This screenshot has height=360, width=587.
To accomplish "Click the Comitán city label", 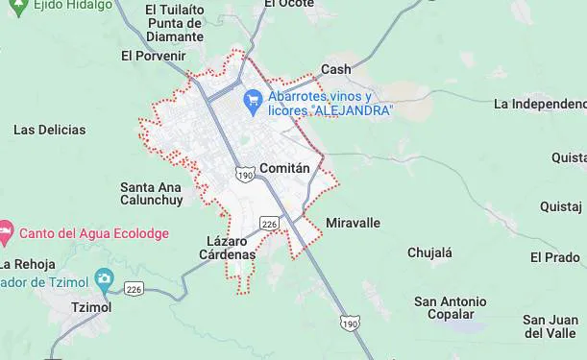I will (285, 168).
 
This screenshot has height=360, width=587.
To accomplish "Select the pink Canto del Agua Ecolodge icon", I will (7, 232).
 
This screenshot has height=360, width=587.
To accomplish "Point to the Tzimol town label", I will (92, 307).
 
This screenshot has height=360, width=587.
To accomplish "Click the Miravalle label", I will (354, 223).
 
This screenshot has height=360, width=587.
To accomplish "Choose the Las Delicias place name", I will (49, 130).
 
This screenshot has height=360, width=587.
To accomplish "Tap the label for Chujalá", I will (429, 252).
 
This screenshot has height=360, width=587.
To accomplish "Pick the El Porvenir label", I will (153, 56).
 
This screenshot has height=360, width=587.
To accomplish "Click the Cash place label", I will (336, 69).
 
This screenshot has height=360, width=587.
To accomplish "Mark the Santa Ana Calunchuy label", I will (151, 194).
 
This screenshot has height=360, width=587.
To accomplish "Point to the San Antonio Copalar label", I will (451, 308).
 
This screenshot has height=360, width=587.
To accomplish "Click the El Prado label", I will (555, 257).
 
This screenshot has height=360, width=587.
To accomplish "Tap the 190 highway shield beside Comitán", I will (245, 176).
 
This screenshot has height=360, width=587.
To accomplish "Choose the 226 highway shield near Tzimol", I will (134, 289).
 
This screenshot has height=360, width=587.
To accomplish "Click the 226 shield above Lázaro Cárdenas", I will (269, 224).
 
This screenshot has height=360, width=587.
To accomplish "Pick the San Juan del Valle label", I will (550, 326).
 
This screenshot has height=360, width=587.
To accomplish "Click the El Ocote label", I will (289, 4).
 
